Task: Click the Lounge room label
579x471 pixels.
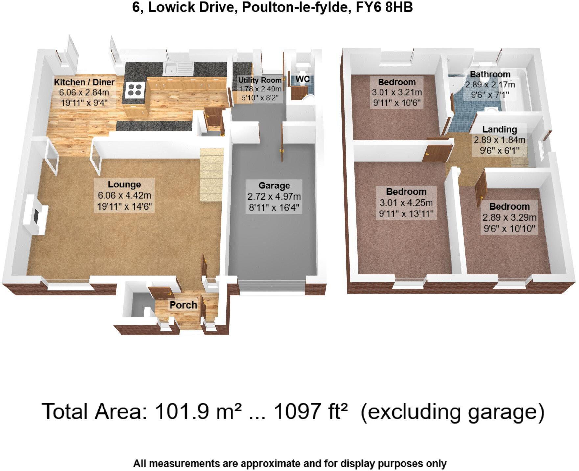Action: tap(124, 185)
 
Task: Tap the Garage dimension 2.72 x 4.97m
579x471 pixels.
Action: tap(274, 197)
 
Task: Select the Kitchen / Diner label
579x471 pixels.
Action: tap(84, 82)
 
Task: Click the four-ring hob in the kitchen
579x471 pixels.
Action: tap(135, 90)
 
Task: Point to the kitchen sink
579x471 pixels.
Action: tap(172, 69)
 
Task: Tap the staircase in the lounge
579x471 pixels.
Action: tap(211, 174)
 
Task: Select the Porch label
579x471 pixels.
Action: tap(183, 305)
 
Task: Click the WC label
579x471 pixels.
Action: tap(302, 79)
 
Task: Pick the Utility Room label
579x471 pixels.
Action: tap(260, 80)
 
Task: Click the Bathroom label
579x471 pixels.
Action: tap(490, 75)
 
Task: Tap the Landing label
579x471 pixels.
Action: tap(499, 130)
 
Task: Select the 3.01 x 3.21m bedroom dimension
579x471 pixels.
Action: tap(397, 93)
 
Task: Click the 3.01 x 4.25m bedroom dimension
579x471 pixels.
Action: tap(406, 203)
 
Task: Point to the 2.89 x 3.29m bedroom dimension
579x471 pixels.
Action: tap(509, 217)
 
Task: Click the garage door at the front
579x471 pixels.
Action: tap(272, 285)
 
